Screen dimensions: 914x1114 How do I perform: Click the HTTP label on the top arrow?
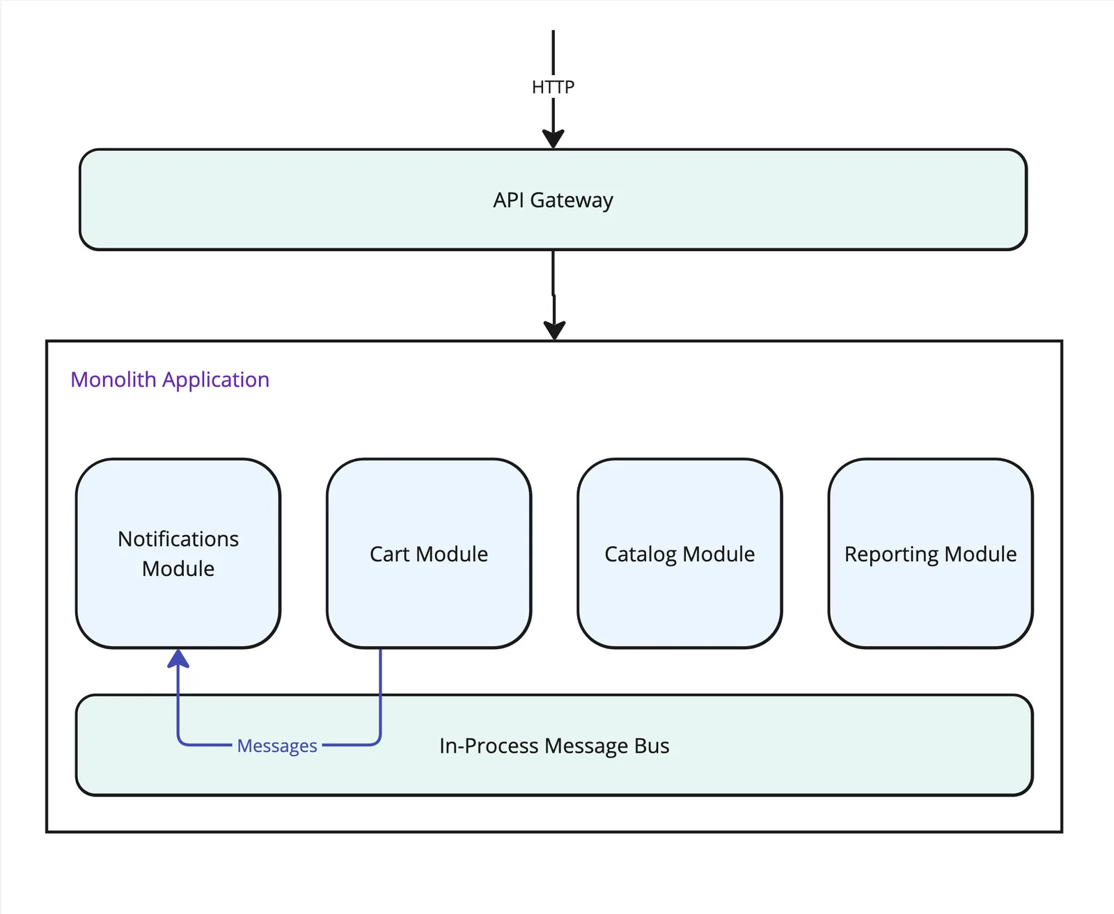pyautogui.click(x=553, y=87)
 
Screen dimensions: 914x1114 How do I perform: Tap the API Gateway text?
pyautogui.click(x=553, y=200)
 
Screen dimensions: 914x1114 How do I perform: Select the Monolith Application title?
pyautogui.click(x=170, y=380)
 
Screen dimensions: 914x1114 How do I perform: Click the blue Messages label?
pyautogui.click(x=277, y=746)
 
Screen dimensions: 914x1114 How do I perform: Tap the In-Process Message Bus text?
pyautogui.click(x=554, y=746)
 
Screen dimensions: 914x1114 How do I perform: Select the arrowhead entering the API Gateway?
pyautogui.click(x=553, y=138)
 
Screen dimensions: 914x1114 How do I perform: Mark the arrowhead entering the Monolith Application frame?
pyautogui.click(x=554, y=330)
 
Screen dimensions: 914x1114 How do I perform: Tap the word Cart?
pyautogui.click(x=389, y=554)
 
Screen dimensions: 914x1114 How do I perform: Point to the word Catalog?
pyautogui.click(x=641, y=554)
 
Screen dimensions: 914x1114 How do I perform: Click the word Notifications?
pyautogui.click(x=178, y=539)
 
